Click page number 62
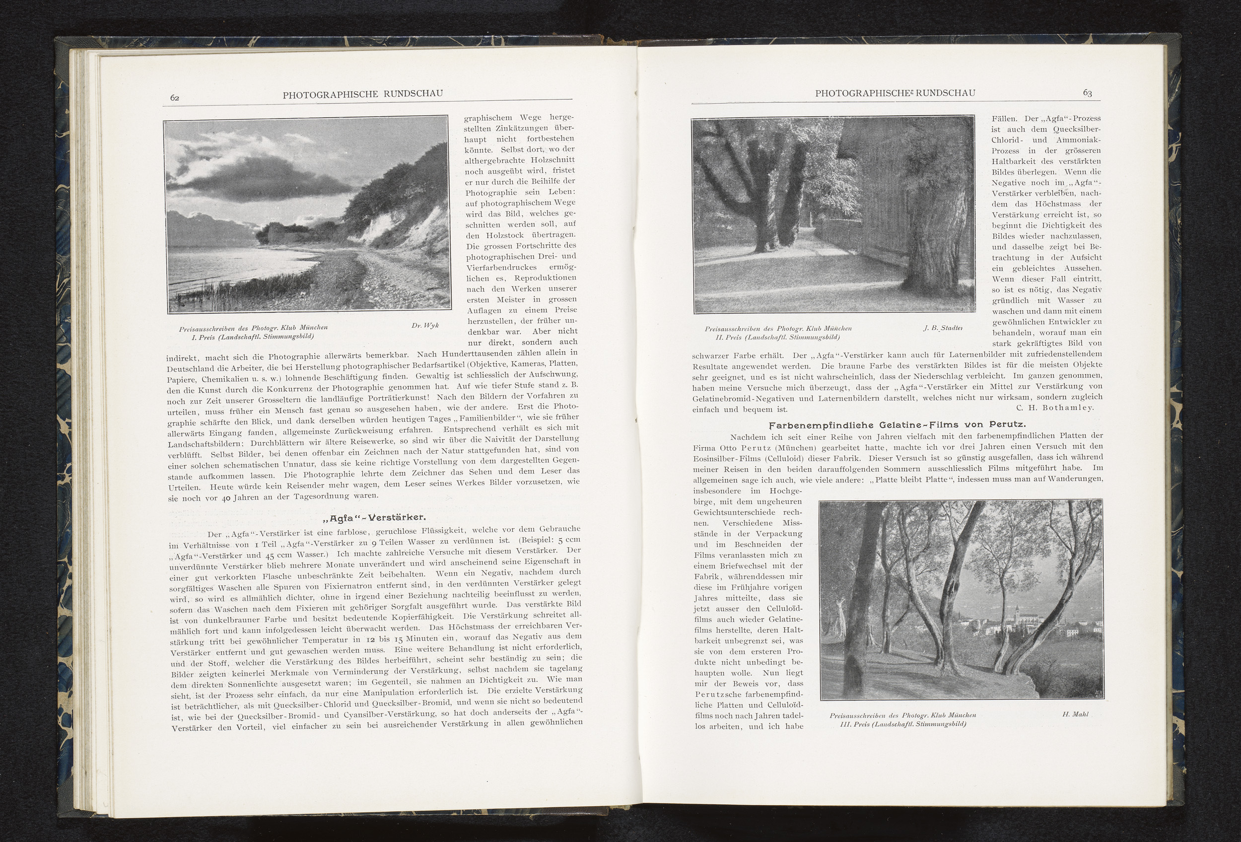175,97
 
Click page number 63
1087,93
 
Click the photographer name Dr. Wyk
425,325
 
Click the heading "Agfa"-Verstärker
373,517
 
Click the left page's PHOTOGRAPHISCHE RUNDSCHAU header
362,94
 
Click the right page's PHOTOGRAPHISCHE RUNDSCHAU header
895,93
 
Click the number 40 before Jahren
225,498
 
